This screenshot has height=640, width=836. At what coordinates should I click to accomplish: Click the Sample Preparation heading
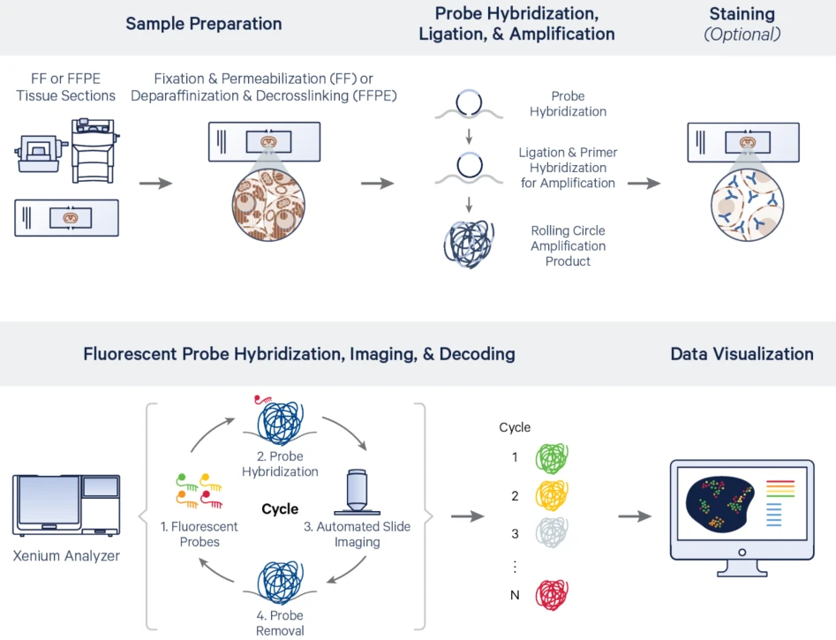pos(204,24)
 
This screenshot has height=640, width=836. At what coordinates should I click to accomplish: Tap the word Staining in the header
pos(742,14)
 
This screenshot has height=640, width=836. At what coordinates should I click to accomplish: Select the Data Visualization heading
pos(742,354)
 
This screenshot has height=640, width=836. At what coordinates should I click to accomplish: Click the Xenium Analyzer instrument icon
pos(66,506)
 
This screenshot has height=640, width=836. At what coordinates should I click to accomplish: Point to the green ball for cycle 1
pos(553,458)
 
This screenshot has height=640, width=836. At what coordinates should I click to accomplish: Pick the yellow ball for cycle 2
pos(553,495)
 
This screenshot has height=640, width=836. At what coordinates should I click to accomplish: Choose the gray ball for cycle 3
pos(553,532)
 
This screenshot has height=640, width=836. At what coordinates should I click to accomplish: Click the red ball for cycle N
pos(553,594)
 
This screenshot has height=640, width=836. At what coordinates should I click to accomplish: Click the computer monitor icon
pos(742,509)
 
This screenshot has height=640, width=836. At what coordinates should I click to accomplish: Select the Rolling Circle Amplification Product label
pos(568,246)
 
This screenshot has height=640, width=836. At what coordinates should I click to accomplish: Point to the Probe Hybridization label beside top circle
pos(568,104)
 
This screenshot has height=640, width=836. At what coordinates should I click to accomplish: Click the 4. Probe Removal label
pos(280,622)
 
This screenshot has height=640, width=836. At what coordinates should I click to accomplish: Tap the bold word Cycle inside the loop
pos(280,509)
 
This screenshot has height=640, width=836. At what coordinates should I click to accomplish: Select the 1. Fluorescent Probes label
pos(200,534)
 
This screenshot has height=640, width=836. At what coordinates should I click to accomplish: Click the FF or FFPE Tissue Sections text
pos(66,87)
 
